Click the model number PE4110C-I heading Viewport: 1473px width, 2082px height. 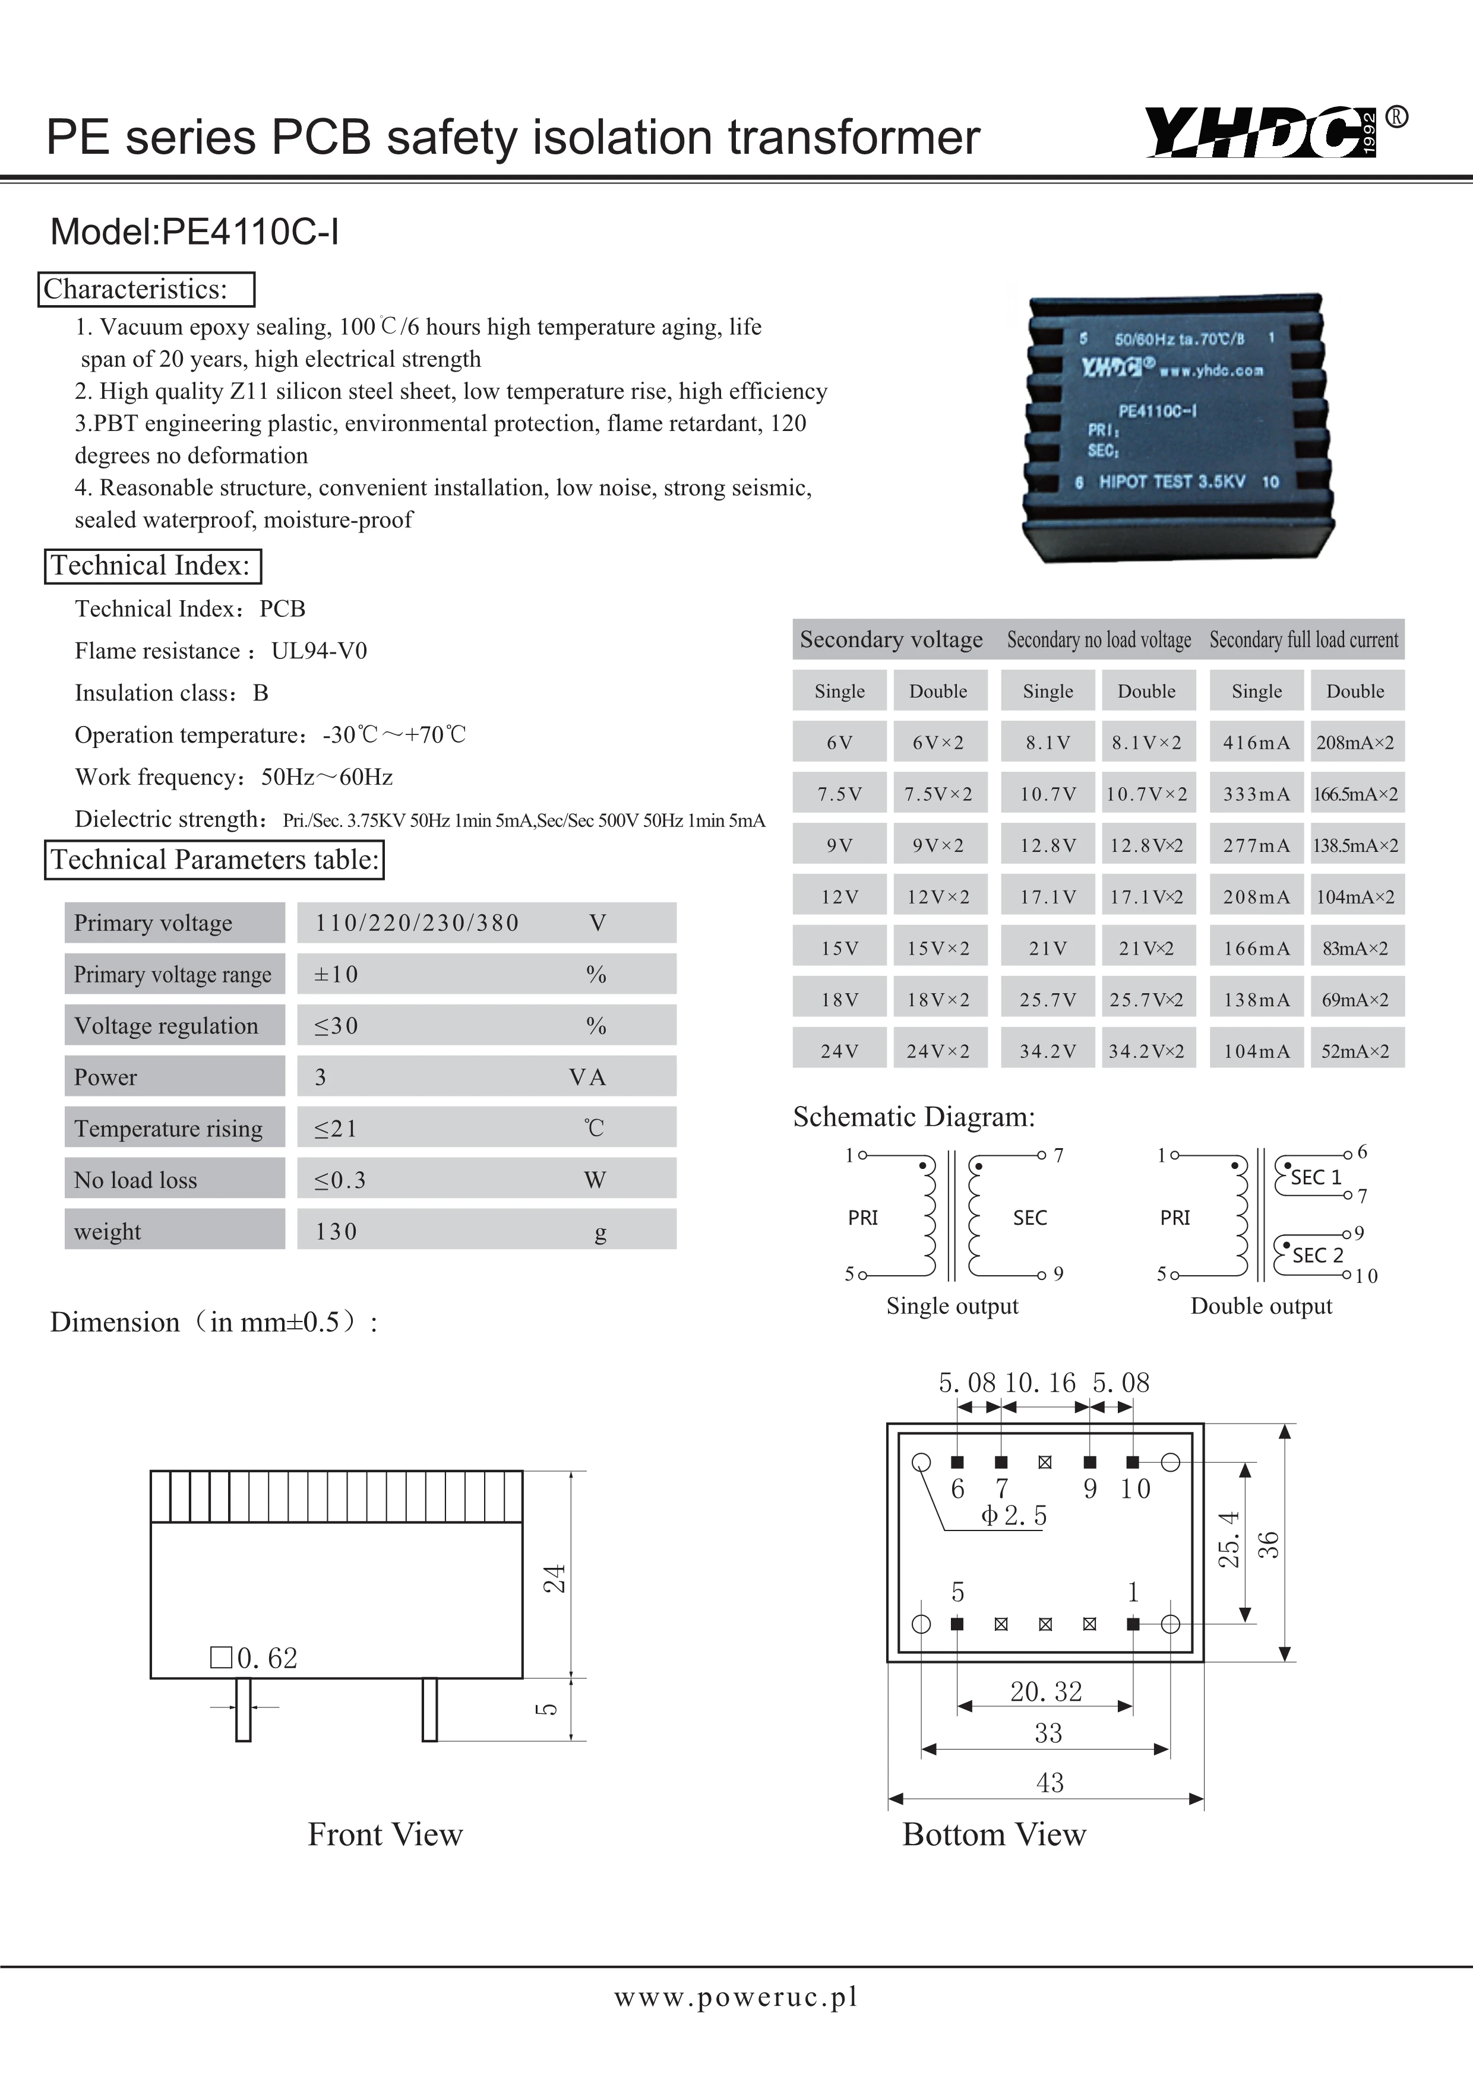point(195,232)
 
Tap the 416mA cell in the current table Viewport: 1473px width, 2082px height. point(1256,743)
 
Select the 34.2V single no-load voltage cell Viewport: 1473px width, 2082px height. point(1048,1051)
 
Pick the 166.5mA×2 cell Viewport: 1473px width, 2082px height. point(1355,794)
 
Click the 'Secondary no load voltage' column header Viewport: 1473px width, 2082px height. point(1098,640)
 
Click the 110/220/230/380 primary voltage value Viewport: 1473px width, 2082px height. point(417,923)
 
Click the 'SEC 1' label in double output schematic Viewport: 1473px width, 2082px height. point(1315,1177)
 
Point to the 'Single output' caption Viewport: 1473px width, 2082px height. point(952,1306)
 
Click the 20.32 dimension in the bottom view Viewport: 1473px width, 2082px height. point(1046,1691)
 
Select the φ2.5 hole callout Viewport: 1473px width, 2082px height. point(1013,1515)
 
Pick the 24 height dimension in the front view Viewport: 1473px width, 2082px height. point(554,1578)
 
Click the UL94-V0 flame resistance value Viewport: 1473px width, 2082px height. point(320,651)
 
